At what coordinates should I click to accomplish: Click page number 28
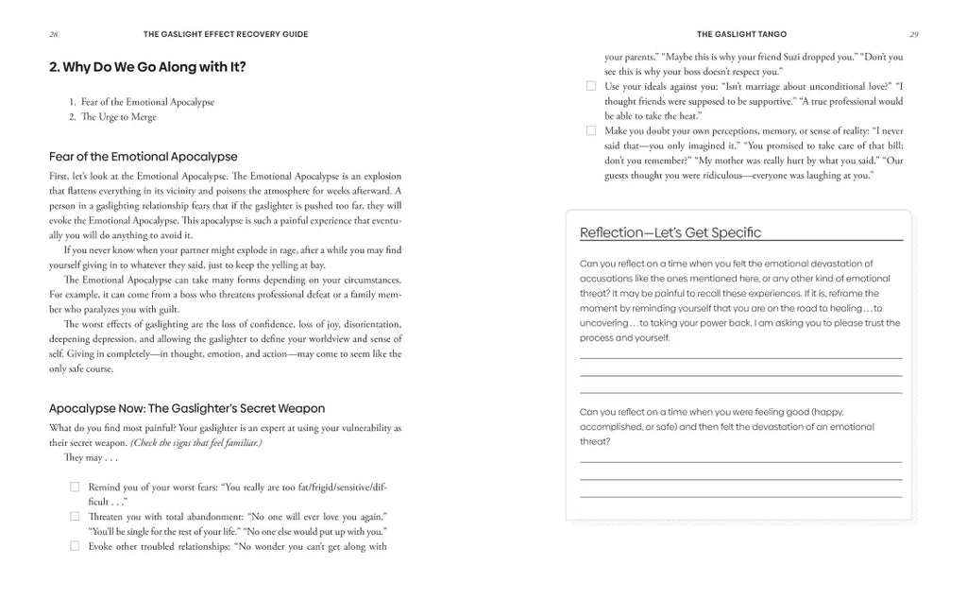[54, 34]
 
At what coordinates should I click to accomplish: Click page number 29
[913, 34]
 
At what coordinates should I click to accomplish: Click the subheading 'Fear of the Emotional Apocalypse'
[143, 157]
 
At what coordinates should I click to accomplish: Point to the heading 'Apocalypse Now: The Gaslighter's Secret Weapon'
[186, 408]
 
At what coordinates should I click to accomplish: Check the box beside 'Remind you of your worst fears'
[75, 487]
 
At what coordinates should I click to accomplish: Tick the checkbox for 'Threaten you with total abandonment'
[75, 516]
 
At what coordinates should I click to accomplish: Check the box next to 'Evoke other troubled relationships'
[75, 545]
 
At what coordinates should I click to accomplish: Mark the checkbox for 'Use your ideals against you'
[591, 86]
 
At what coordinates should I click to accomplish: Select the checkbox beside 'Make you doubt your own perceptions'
[591, 130]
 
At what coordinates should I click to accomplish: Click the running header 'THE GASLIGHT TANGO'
[741, 34]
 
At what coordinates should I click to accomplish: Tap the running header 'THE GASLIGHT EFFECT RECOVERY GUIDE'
[226, 34]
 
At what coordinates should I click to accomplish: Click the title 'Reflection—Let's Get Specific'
[670, 232]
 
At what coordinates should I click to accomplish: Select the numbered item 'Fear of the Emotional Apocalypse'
[147, 102]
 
